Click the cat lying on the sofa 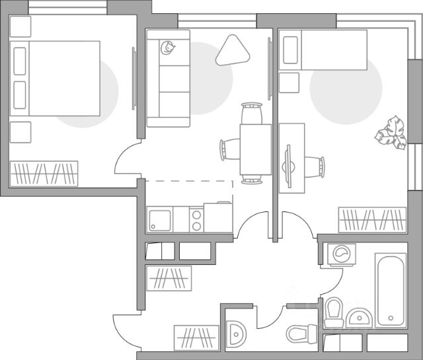point(168,48)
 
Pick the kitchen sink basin point(160,219)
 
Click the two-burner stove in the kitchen point(196,219)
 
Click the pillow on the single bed point(290,50)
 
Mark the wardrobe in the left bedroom point(44,173)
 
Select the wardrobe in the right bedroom point(371,219)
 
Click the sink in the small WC point(235,332)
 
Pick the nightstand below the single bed point(289,83)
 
